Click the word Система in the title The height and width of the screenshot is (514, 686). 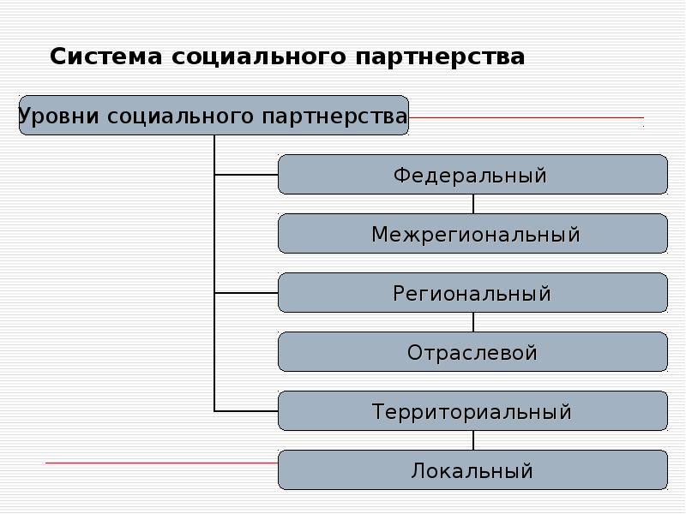[x=105, y=57]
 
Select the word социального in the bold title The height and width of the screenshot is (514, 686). [x=259, y=57]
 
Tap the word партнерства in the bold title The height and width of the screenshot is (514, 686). [x=440, y=57]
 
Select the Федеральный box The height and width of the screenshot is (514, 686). [x=473, y=175]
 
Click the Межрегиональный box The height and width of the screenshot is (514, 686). [x=473, y=233]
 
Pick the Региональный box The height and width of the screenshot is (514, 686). [x=473, y=292]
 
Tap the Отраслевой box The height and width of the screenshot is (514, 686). [x=473, y=352]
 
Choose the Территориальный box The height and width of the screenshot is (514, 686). [x=473, y=411]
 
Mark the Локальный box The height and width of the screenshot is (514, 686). [x=473, y=469]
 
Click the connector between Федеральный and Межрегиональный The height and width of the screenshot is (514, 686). [x=473, y=204]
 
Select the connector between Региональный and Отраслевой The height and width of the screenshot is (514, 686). [x=473, y=322]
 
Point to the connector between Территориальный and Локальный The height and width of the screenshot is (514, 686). [x=473, y=440]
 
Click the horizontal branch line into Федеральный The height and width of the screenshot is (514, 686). [x=246, y=175]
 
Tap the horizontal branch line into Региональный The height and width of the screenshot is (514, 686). [x=246, y=293]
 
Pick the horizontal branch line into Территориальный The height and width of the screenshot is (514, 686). [x=246, y=411]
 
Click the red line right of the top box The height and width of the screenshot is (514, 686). [x=527, y=117]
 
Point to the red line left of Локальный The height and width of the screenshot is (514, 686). [x=162, y=463]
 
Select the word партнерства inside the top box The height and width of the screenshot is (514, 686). [x=334, y=117]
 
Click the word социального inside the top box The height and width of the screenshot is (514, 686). [x=180, y=117]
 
